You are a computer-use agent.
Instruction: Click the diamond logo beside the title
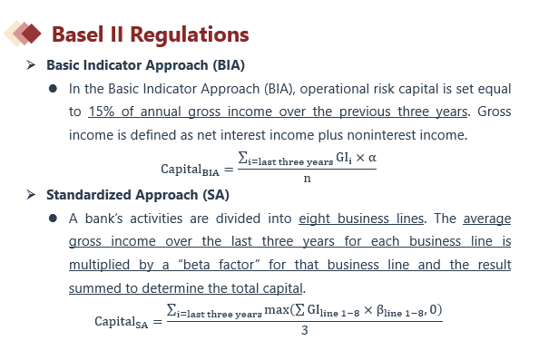tap(23, 34)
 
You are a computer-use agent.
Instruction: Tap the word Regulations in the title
tap(190, 35)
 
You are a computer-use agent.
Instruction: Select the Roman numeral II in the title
tap(116, 34)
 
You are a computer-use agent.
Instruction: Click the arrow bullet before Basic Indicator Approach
tap(31, 64)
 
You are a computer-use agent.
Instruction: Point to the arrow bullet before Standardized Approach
tap(31, 194)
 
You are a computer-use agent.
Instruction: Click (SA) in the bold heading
tap(216, 195)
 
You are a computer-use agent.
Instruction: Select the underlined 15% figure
tap(102, 112)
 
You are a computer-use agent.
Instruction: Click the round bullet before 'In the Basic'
tap(53, 89)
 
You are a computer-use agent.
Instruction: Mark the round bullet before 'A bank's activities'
tap(53, 219)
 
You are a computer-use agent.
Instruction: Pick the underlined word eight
tap(314, 219)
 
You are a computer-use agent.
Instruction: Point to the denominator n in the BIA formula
tap(307, 179)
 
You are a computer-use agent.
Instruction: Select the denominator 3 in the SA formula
tap(305, 330)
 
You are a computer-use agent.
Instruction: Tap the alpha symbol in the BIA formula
tap(372, 158)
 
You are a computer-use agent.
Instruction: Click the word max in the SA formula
tap(277, 310)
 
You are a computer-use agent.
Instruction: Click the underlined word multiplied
tap(99, 265)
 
